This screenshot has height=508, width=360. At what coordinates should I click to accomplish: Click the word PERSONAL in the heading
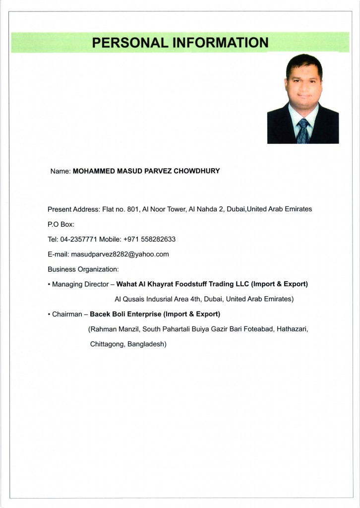pos(130,43)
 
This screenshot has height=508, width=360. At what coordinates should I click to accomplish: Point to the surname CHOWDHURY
pos(196,171)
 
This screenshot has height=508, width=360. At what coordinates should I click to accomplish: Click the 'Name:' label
pos(60,171)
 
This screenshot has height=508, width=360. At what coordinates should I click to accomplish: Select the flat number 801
pos(133,209)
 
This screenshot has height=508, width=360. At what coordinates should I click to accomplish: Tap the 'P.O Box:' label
pos(60,224)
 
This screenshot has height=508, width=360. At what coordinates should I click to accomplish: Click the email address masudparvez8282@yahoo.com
pos(120,254)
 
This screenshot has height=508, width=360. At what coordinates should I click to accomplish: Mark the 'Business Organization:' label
pos(83,269)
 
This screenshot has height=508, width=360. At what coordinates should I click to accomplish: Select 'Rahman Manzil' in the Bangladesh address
pos(113,329)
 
